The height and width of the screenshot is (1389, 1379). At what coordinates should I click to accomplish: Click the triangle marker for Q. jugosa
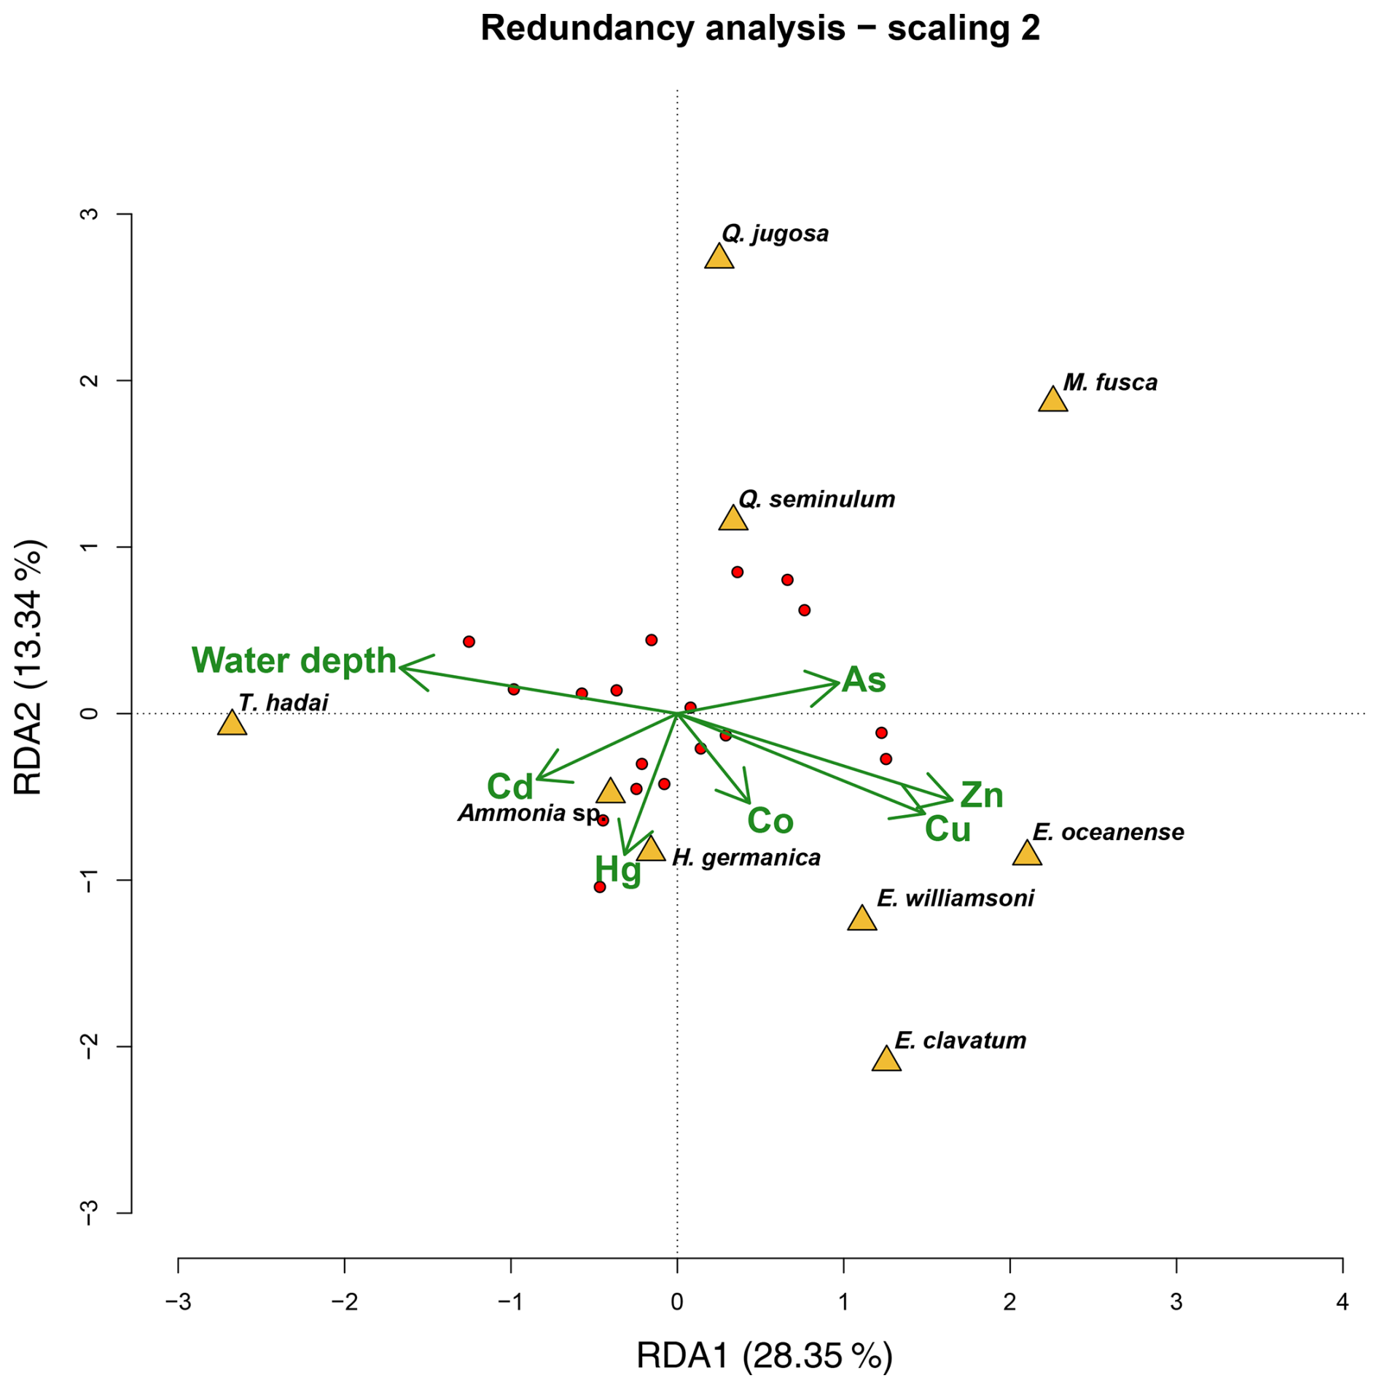(x=719, y=257)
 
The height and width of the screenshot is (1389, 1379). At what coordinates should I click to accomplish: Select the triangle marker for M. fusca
(x=1052, y=400)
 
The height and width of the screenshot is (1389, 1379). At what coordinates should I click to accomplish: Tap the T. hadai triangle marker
(x=232, y=723)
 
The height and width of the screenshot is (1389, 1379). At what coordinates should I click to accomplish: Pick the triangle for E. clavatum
(x=886, y=1059)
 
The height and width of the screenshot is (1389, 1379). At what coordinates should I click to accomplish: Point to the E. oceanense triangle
(x=1027, y=854)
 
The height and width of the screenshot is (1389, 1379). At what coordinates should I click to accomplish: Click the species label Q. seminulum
(x=816, y=499)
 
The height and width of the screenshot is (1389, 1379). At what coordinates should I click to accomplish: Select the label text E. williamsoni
(x=955, y=898)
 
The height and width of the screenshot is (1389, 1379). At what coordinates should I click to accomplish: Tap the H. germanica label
(x=746, y=857)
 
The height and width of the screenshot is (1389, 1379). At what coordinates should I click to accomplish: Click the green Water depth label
(x=294, y=661)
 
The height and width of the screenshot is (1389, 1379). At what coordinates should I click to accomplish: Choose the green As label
(x=864, y=680)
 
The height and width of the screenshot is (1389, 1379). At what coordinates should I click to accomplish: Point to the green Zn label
(x=981, y=795)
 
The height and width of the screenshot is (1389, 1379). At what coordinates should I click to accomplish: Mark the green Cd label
(x=510, y=787)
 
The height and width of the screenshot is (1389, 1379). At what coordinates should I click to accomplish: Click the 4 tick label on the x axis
(x=1343, y=1302)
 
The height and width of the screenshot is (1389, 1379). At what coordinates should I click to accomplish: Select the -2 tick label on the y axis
(x=90, y=1047)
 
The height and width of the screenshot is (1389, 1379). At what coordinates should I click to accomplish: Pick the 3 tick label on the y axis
(x=90, y=214)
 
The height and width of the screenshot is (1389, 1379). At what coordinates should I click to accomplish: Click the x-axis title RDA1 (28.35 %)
(x=764, y=1356)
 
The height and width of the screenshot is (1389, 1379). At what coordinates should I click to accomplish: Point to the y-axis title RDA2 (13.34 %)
(x=29, y=668)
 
